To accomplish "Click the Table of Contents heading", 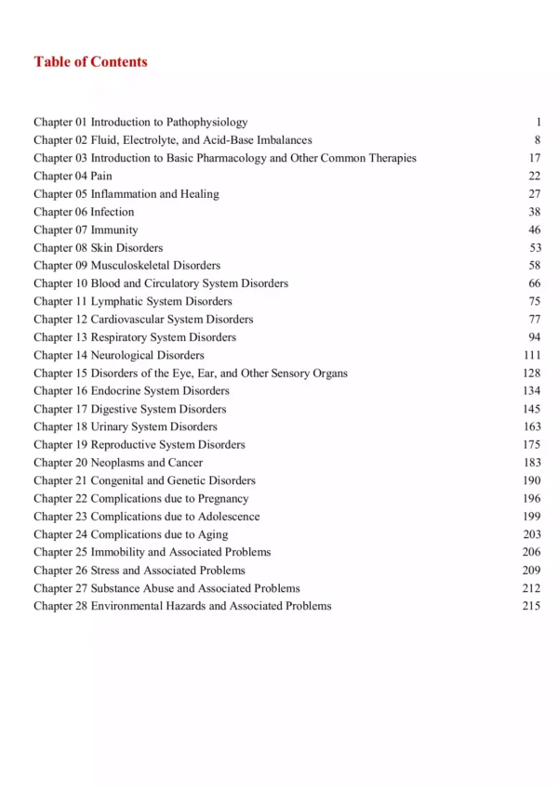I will pyautogui.click(x=90, y=62).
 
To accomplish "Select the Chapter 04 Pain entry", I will pyautogui.click(x=73, y=176).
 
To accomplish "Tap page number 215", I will pyautogui.click(x=531, y=606).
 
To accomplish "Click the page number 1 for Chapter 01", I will pyautogui.click(x=538, y=122).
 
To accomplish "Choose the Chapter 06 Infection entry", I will pyautogui.click(x=84, y=212).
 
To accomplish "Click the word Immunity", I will pyautogui.click(x=114, y=230).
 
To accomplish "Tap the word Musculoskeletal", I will pyautogui.click(x=129, y=266).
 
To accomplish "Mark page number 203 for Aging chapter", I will pyautogui.click(x=531, y=534).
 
